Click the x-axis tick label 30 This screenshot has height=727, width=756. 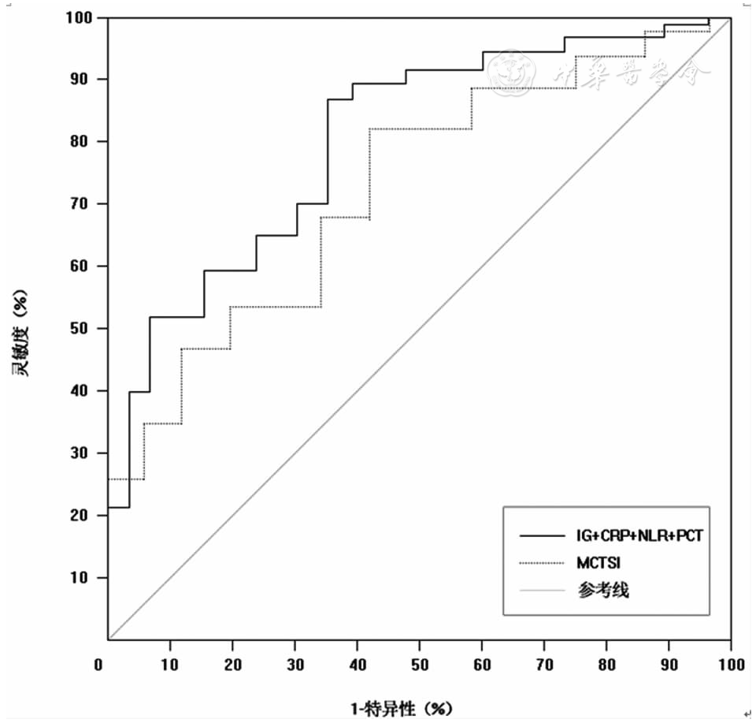(295, 665)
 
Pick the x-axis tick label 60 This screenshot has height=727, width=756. (482, 665)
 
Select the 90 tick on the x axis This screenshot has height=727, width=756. (669, 665)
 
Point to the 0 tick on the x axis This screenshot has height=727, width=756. (98, 665)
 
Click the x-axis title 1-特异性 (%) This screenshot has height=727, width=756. (402, 708)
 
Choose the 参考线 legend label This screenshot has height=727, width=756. (604, 590)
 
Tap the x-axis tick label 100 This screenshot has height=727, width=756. (731, 665)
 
